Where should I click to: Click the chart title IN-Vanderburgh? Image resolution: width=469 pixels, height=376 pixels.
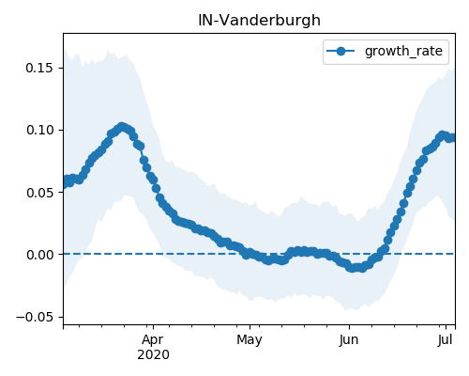259,21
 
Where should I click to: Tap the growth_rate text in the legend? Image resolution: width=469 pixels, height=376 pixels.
403,51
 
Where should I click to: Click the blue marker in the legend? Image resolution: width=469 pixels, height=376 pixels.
340,51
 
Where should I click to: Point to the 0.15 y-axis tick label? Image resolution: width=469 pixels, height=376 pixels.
39,68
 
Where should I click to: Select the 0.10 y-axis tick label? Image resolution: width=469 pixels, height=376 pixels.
39,130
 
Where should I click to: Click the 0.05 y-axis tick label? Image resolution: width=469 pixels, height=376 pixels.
39,193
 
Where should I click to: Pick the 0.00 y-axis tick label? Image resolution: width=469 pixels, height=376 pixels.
39,255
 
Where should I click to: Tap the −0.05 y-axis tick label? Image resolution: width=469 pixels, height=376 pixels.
35,317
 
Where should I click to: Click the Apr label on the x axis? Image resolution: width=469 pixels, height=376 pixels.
153,340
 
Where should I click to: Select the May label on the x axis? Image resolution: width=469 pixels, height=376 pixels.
250,340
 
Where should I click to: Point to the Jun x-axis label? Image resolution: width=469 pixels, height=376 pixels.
349,340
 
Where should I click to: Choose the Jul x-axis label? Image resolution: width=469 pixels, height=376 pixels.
446,340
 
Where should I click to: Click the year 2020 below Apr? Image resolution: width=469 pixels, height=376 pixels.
153,355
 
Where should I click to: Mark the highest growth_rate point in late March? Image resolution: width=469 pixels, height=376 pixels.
122,127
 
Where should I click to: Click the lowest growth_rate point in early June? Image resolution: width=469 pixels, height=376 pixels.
353,268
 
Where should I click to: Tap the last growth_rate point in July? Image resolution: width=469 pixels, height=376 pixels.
452,137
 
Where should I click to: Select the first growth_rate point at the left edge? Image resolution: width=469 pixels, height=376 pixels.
66,182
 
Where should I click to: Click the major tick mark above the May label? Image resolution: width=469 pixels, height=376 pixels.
250,327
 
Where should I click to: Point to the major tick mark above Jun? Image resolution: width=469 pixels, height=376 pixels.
349,327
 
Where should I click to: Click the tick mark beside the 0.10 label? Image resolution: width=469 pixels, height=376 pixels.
61,130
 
